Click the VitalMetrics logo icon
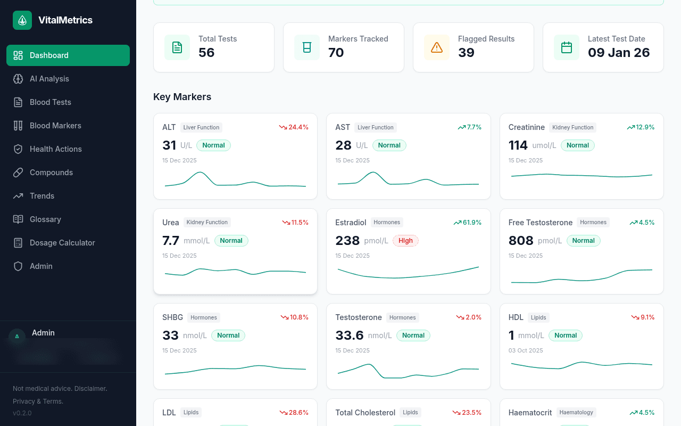22,20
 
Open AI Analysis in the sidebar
49,79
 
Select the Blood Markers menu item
55,126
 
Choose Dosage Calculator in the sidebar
62,243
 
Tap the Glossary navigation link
45,219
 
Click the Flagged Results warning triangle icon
437,47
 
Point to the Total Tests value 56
206,53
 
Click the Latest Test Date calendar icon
567,47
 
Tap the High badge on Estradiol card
405,241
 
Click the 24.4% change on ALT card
294,127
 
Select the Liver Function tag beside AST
375,127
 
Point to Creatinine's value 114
518,145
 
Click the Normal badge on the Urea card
231,241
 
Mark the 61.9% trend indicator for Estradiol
468,223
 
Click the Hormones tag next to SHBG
204,317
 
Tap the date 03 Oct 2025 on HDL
526,350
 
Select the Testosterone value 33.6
349,335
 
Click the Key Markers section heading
182,97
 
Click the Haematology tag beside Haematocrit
576,412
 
